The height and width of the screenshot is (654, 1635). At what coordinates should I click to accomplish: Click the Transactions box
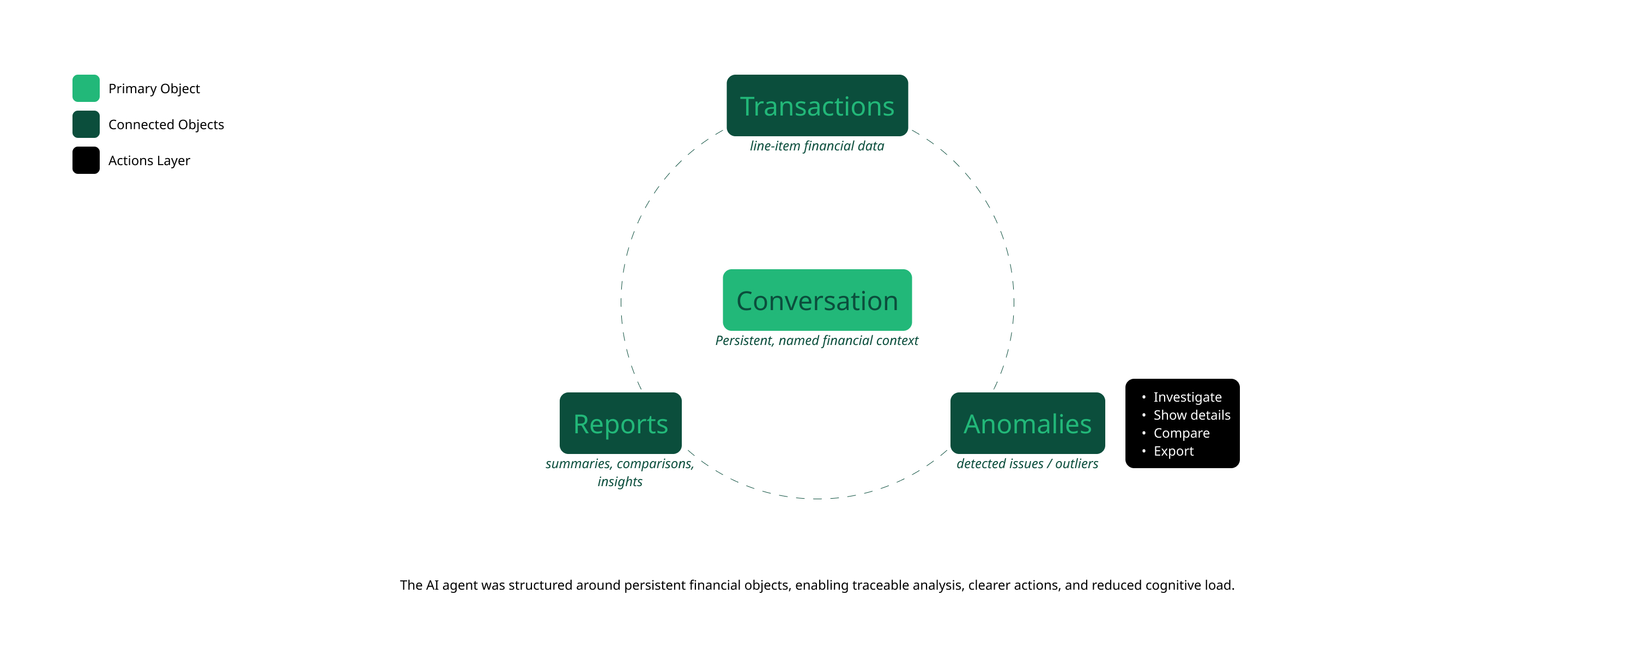click(x=817, y=105)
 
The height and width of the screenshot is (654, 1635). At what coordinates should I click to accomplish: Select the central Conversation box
click(x=817, y=300)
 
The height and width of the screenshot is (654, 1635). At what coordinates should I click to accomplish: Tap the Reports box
click(x=620, y=423)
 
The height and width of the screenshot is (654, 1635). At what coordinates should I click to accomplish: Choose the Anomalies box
click(x=1027, y=423)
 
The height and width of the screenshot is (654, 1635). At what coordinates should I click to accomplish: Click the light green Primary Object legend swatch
click(x=86, y=88)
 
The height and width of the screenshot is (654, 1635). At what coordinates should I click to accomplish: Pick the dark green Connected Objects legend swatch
click(x=86, y=124)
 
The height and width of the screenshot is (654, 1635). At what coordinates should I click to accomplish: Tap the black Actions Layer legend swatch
click(x=86, y=160)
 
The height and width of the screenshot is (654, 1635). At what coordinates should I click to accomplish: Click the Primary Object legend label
click(x=154, y=89)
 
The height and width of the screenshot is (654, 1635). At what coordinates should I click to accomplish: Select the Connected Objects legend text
click(x=166, y=124)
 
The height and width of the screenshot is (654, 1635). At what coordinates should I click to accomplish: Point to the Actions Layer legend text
click(x=149, y=161)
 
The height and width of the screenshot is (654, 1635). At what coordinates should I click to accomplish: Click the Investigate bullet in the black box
click(x=1187, y=397)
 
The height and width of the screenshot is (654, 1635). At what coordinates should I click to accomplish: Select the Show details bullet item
click(x=1191, y=415)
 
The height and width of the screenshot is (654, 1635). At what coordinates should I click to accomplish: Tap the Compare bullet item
click(x=1181, y=433)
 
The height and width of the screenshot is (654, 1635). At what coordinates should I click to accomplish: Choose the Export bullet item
click(x=1173, y=451)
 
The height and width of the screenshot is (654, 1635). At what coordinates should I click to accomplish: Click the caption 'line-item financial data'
click(x=817, y=146)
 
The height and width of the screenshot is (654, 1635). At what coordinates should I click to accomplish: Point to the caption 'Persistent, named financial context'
click(x=817, y=340)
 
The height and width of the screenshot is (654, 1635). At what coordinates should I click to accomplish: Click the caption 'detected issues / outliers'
click(x=1027, y=463)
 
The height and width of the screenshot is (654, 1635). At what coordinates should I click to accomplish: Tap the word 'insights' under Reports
click(x=620, y=482)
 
